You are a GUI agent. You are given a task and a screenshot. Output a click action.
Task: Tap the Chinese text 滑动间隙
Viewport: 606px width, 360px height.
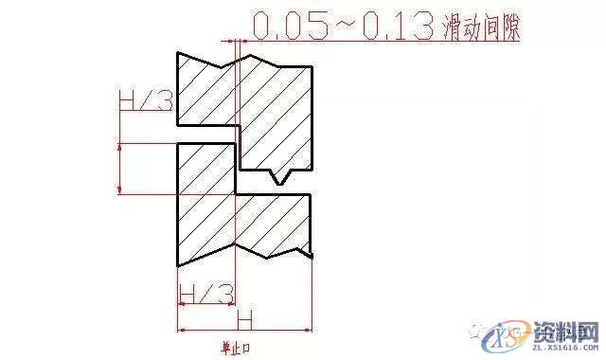pos(482,27)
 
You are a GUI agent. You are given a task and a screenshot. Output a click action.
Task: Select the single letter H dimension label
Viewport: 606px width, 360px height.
pos(243,316)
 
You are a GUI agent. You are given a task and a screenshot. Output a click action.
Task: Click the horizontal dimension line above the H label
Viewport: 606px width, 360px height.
pos(243,331)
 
